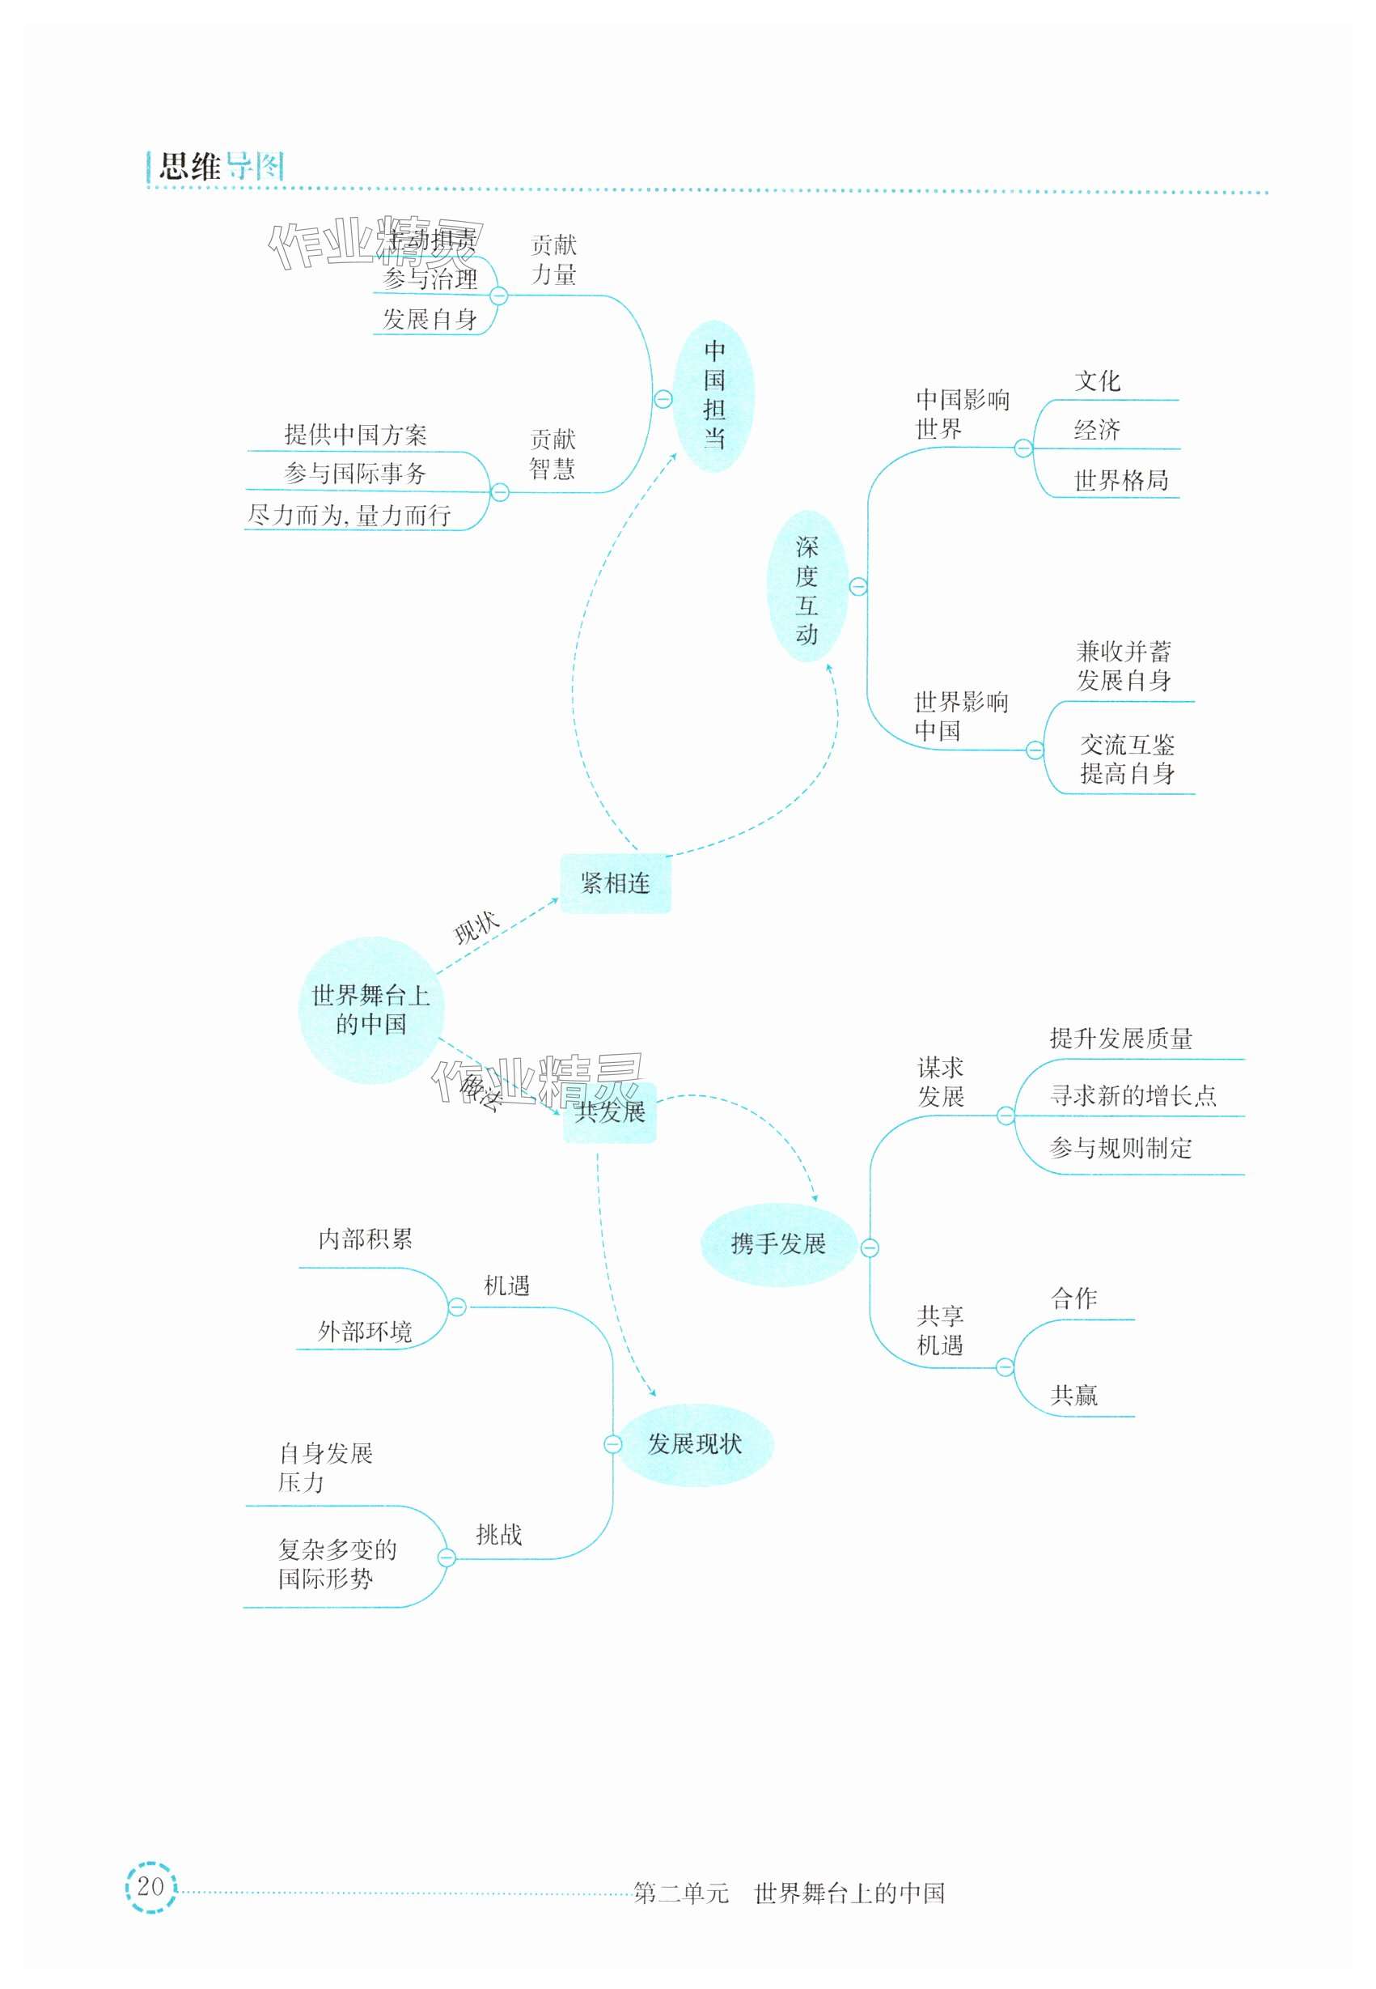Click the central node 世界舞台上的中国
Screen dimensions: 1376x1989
click(x=370, y=1010)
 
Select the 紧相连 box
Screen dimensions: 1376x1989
click(x=615, y=882)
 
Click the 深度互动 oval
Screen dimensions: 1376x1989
click(x=807, y=589)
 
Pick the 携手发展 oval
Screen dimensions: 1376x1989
click(x=777, y=1243)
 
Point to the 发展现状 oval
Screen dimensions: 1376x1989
click(x=695, y=1444)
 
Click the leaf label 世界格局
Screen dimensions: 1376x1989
click(x=1121, y=480)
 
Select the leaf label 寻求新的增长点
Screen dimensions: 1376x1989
click(x=1133, y=1095)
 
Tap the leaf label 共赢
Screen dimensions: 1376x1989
click(x=1074, y=1395)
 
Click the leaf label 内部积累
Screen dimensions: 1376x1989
click(x=366, y=1239)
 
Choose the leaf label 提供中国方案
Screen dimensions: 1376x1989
click(x=355, y=435)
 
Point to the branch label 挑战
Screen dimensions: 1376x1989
click(x=499, y=1534)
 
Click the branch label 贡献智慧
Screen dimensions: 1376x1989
click(x=553, y=455)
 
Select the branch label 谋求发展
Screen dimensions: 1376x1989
click(x=941, y=1082)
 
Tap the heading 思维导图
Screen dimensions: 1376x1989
click(x=221, y=167)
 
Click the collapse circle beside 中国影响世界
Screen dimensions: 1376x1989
click(x=1023, y=448)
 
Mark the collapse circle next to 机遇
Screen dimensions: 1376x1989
click(x=457, y=1307)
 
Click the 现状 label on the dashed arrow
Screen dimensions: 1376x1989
click(x=476, y=928)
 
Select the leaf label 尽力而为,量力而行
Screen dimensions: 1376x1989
click(x=349, y=516)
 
